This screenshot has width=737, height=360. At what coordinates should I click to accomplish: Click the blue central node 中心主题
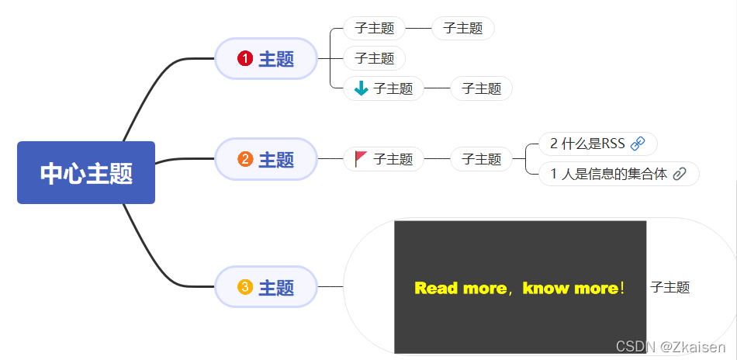click(86, 173)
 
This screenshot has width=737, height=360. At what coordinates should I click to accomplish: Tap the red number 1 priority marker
click(245, 58)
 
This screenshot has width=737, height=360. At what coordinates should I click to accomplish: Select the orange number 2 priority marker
click(245, 160)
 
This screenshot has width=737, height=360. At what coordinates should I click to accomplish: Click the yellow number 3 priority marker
click(245, 287)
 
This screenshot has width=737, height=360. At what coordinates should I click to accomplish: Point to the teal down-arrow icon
click(361, 88)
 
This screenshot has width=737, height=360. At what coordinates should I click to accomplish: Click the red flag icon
click(361, 159)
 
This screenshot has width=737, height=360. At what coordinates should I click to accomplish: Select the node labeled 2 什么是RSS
click(587, 144)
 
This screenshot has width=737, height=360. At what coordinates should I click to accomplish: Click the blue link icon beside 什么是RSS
click(638, 144)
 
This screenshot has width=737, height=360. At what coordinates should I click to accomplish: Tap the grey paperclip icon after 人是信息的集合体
click(680, 174)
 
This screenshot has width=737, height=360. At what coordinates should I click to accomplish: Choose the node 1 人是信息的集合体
click(609, 174)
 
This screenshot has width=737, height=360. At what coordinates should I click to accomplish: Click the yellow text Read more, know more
click(519, 289)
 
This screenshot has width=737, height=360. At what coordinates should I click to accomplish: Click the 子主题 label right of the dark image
click(670, 288)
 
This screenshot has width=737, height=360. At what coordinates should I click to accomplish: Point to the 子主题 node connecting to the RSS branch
click(481, 159)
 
